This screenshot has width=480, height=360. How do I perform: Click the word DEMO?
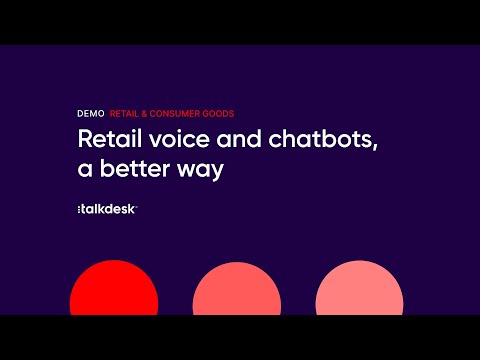tap(90, 113)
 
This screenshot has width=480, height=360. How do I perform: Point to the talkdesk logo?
tap(107, 208)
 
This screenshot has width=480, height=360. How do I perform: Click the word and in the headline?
tap(231, 140)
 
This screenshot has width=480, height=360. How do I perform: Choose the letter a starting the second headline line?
tap(84, 170)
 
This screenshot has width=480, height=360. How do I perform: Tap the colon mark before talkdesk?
tap(79, 209)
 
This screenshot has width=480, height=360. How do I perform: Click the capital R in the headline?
tap(84, 140)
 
